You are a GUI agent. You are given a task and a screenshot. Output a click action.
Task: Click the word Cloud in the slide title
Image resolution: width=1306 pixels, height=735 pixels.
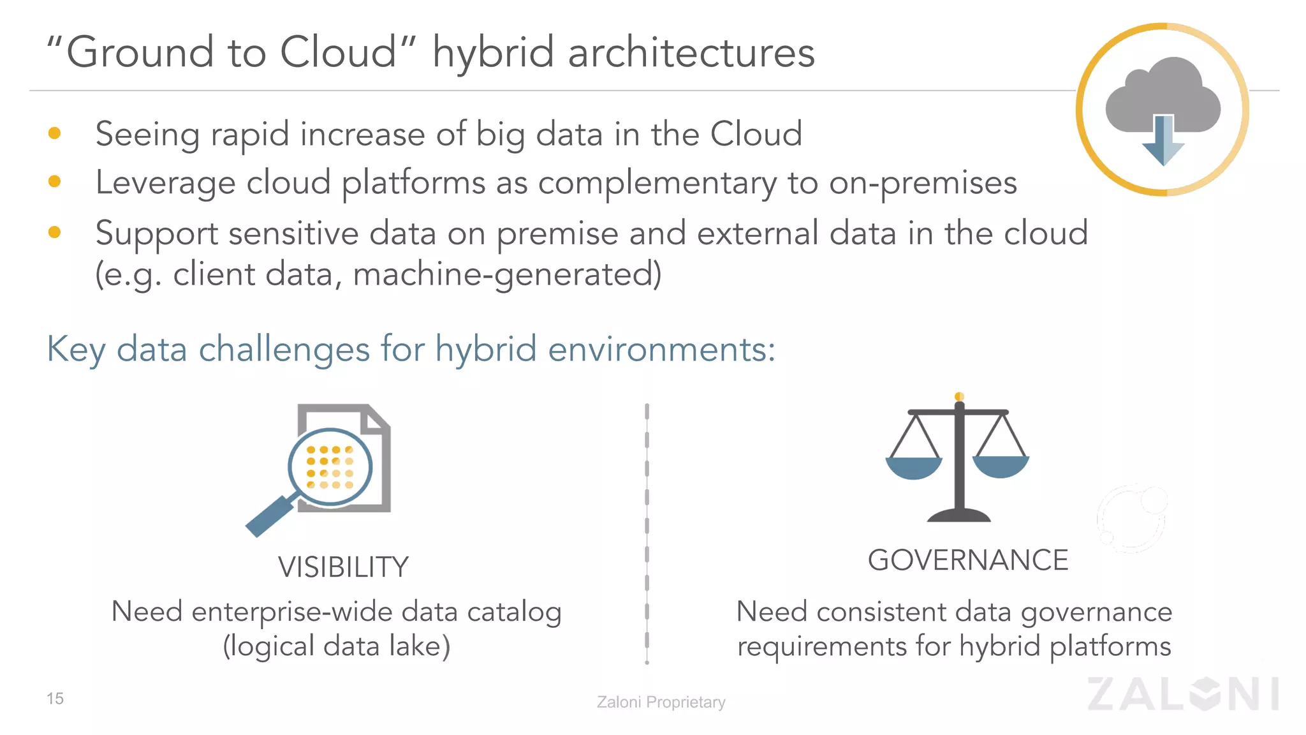338,52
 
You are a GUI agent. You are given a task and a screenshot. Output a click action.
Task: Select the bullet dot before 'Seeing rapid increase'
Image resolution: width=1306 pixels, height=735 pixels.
55,133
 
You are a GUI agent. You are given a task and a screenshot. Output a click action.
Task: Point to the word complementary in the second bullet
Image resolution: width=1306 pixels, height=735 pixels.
657,184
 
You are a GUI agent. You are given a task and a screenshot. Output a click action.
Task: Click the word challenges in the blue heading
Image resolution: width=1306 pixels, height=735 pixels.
284,350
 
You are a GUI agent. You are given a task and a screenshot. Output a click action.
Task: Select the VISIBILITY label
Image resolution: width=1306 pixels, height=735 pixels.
343,567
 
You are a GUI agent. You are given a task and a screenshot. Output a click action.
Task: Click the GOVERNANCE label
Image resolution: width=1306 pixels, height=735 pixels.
967,561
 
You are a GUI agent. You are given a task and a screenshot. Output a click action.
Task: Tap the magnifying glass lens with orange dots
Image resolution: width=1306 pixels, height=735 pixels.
330,467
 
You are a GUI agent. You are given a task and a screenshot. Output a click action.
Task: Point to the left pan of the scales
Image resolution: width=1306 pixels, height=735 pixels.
914,469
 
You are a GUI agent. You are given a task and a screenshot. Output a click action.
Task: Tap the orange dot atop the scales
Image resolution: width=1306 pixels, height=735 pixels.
959,397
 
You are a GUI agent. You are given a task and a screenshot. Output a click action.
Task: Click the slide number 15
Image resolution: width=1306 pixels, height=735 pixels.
55,699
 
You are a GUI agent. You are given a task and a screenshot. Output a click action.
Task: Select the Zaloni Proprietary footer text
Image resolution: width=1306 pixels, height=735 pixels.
661,702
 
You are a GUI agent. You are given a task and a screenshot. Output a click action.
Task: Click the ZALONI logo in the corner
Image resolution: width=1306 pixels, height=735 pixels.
1183,694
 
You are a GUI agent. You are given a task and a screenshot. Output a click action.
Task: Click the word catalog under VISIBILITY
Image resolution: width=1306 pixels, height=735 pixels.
514,612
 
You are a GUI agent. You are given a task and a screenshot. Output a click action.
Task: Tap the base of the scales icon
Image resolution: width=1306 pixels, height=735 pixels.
958,516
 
